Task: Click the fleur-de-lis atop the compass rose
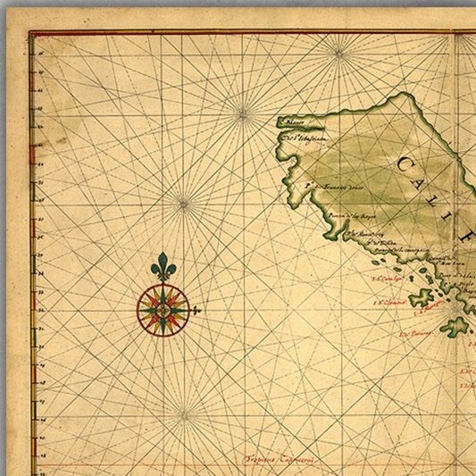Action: pos(162,266)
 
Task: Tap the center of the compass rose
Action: pos(163,309)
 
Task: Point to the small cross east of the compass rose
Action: pos(196,311)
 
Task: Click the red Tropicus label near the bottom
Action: pos(282,461)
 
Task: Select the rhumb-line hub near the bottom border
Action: pos(182,413)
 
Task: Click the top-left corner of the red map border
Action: pos(30,33)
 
